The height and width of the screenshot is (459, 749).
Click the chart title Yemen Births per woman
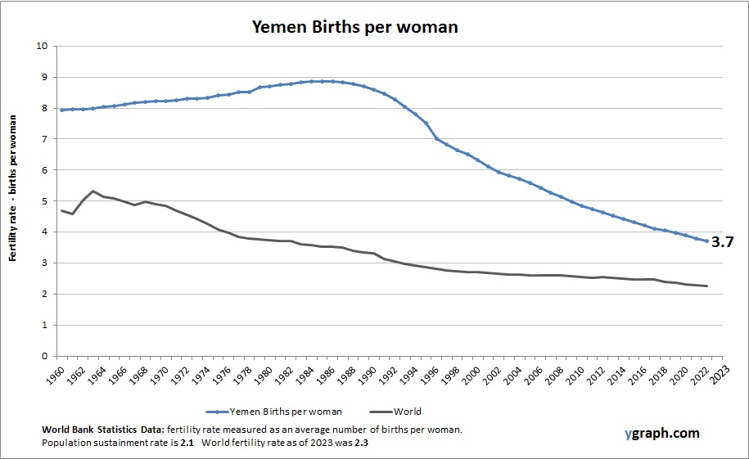point(354,26)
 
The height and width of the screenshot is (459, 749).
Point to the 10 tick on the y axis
point(43,46)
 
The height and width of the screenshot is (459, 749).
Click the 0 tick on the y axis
point(45,356)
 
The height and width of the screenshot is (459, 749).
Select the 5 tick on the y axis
point(45,201)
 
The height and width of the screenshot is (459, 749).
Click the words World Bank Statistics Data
point(103,430)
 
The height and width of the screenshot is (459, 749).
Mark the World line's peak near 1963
point(93,191)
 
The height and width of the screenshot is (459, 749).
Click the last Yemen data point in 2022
point(706,241)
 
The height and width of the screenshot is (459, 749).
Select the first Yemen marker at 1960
point(61,110)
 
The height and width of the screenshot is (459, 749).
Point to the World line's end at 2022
point(706,286)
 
